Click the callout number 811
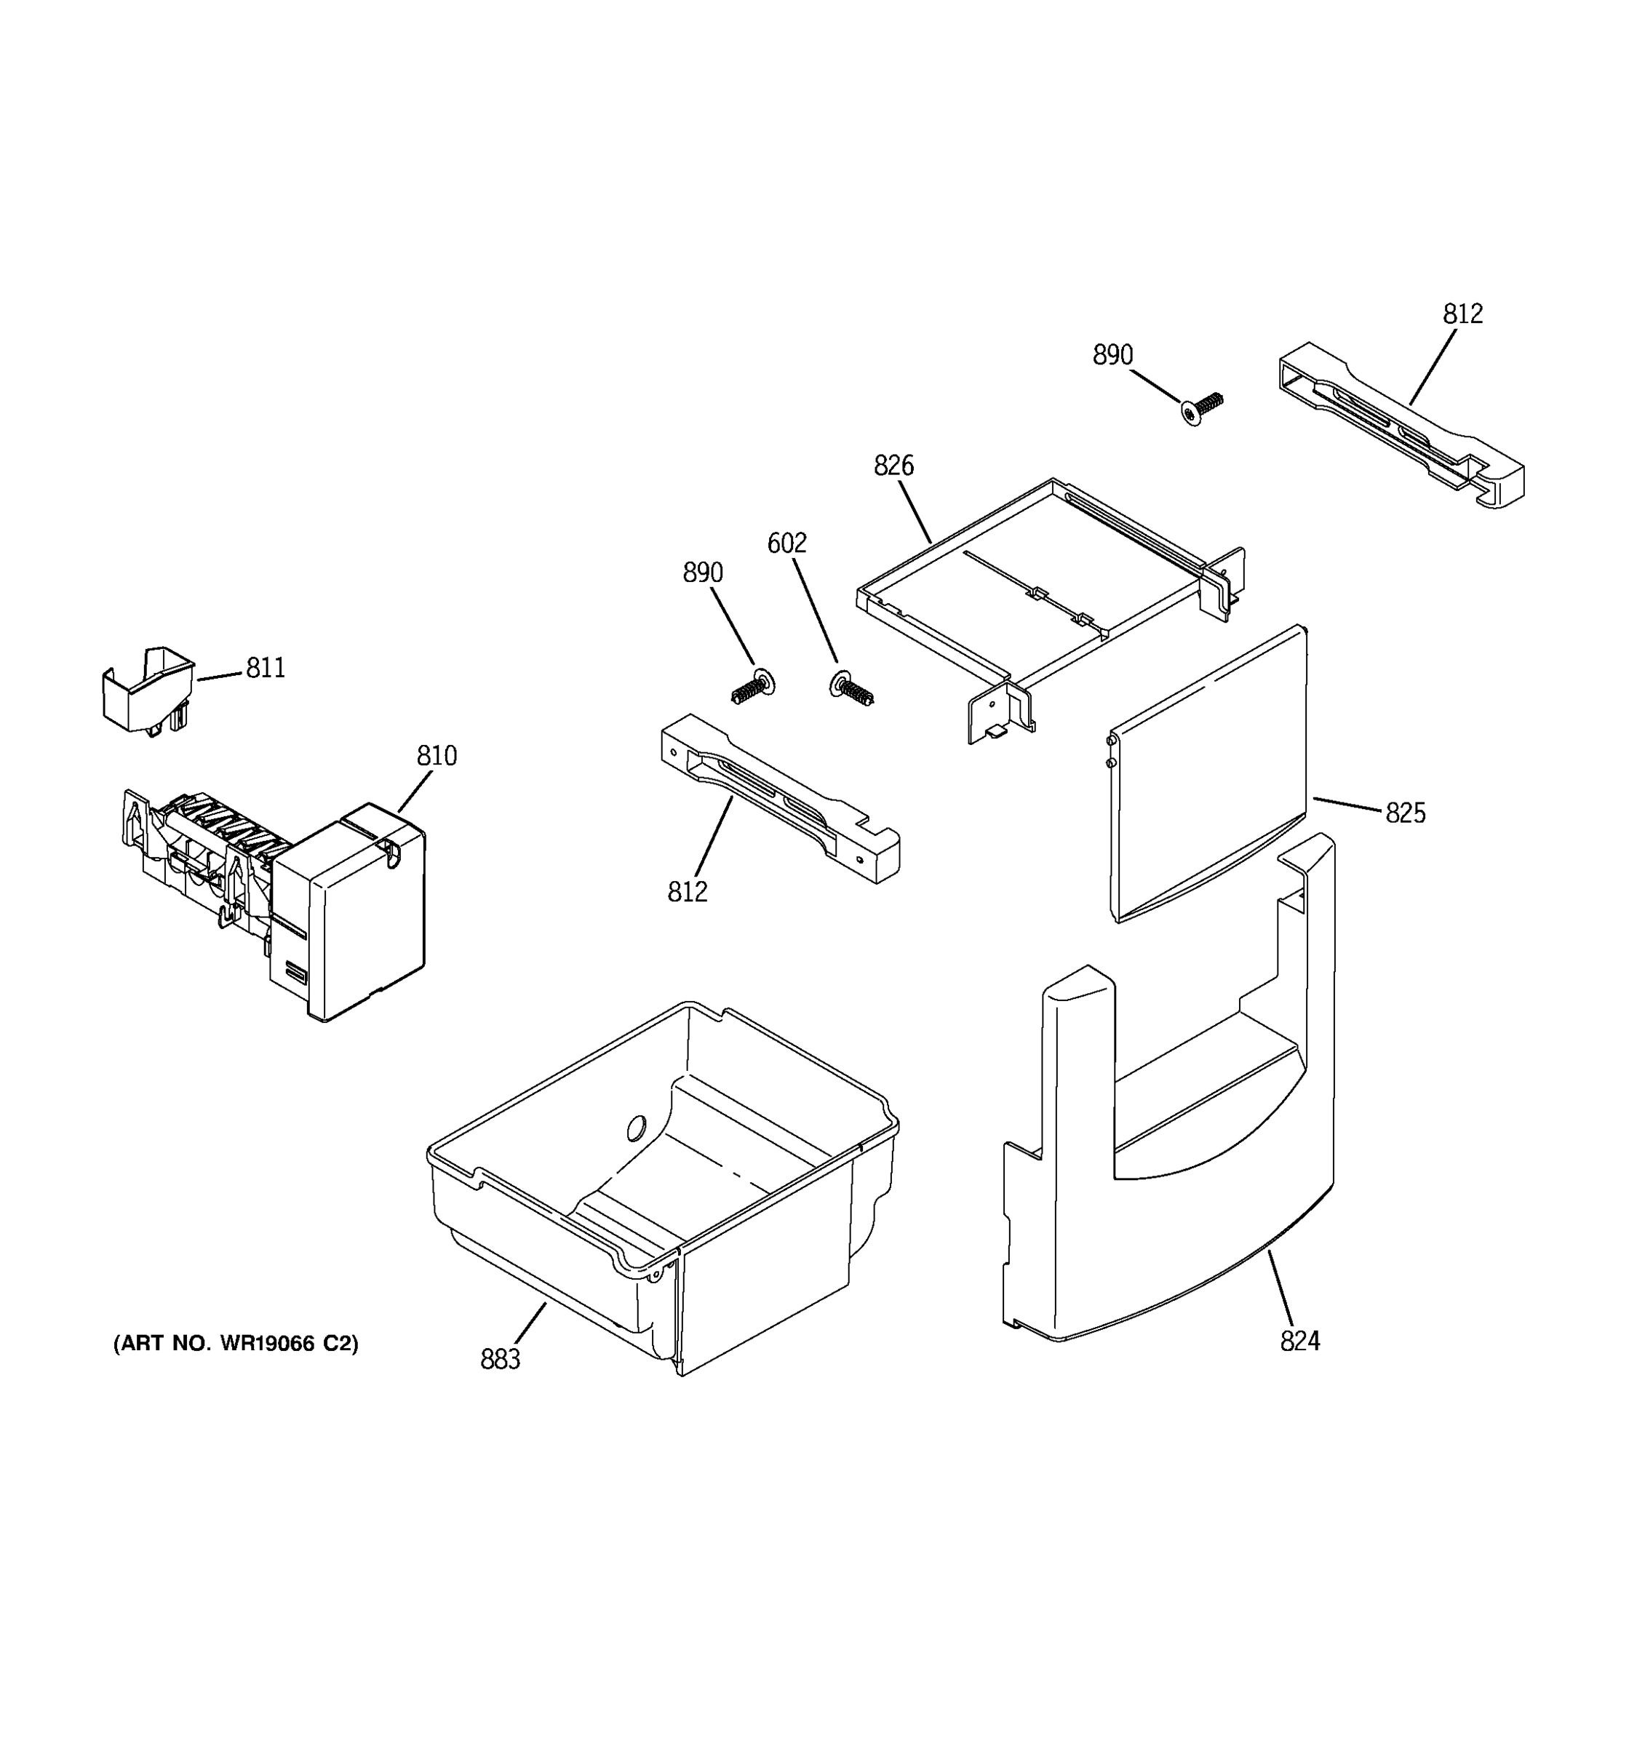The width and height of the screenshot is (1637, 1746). [266, 669]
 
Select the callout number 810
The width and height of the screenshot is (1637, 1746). [437, 756]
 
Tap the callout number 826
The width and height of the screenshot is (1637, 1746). [893, 466]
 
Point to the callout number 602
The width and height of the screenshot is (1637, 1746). [786, 543]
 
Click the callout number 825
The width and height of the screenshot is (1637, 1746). [1405, 813]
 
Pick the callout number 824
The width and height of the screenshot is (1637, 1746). [1299, 1366]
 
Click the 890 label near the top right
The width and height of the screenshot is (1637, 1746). [1112, 355]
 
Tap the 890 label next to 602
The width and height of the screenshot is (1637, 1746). [703, 573]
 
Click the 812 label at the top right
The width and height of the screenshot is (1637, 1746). [1462, 314]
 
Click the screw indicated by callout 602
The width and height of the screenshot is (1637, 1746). [850, 687]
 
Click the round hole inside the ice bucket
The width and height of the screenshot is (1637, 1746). [637, 1127]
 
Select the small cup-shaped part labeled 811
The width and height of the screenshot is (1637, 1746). [148, 690]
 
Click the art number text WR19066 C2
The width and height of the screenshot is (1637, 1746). [235, 1368]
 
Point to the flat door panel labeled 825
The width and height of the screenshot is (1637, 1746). [1208, 773]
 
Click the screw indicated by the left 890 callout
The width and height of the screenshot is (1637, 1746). [752, 687]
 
